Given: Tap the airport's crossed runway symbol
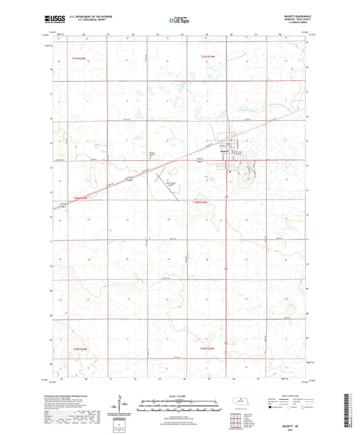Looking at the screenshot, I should tap(168, 177).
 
